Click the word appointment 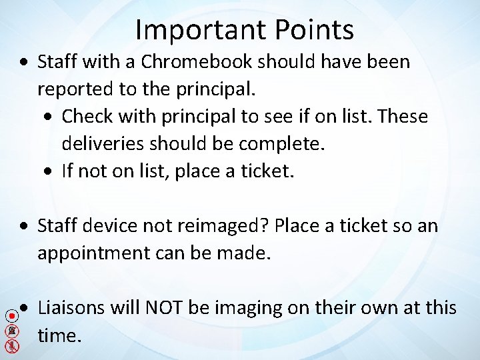[92, 253]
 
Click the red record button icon [11, 316]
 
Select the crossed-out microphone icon [11, 346]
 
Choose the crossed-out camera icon [11, 331]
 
